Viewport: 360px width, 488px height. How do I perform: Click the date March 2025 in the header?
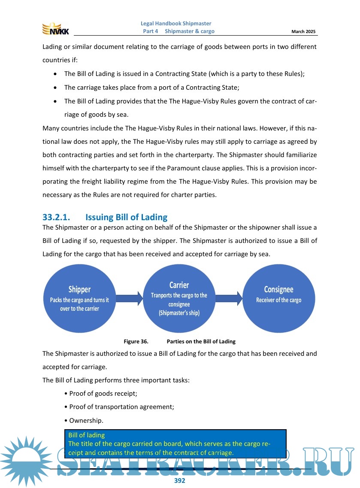point(303,32)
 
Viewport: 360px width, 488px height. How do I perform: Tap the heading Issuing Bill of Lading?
point(126,217)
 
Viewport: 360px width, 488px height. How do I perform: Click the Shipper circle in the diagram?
point(79,299)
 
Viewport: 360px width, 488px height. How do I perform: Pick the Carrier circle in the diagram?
point(179,299)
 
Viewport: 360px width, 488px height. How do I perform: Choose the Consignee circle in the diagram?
point(278,299)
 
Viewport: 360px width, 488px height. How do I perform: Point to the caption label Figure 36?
point(136,342)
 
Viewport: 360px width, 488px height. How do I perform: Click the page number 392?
point(179,481)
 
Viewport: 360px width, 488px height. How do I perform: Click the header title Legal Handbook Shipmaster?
point(176,24)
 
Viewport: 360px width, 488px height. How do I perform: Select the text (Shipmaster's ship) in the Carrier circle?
point(179,313)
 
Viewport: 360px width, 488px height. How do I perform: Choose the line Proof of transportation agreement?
point(121,407)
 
